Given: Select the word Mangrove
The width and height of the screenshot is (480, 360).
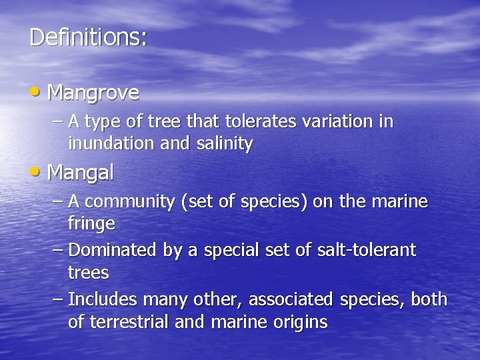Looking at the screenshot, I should [x=93, y=93].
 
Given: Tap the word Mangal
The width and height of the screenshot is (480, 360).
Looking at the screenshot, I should [x=81, y=173].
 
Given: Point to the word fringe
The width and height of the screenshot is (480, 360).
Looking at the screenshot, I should [x=91, y=225].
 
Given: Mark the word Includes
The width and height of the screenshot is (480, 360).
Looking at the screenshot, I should [x=101, y=299].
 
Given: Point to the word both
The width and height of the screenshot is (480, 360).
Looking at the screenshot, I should [x=429, y=299].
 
